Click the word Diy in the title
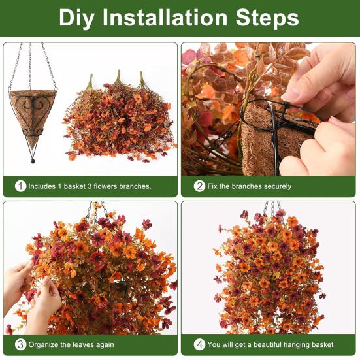(76, 18)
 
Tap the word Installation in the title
(165, 18)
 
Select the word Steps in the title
(267, 18)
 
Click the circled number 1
(20, 186)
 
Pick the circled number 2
(199, 186)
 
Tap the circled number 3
(20, 344)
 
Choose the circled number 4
(199, 344)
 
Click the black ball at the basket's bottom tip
(33, 161)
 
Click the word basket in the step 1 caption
(74, 186)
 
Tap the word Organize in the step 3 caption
(43, 345)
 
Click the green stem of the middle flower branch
(118, 77)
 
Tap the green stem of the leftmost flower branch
(90, 81)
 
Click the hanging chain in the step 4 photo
(272, 208)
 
